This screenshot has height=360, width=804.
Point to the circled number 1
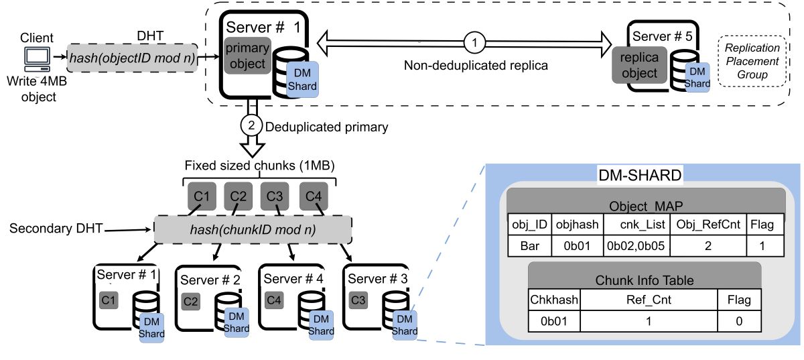[474, 42]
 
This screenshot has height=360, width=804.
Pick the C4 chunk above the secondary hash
[313, 196]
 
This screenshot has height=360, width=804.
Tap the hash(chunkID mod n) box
[253, 229]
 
